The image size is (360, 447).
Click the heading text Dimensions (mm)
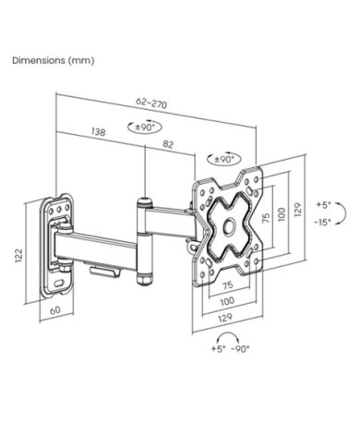click(x=54, y=60)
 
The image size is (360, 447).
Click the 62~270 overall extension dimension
click(x=151, y=103)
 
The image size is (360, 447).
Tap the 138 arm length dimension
click(x=99, y=131)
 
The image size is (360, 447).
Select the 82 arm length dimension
click(x=168, y=144)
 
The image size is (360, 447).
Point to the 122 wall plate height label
click(x=19, y=255)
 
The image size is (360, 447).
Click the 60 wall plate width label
click(x=55, y=310)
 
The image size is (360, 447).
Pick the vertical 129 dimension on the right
click(x=297, y=210)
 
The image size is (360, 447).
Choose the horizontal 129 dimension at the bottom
click(x=225, y=318)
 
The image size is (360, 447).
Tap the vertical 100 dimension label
click(x=282, y=214)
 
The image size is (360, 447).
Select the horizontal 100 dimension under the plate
click(x=227, y=301)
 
